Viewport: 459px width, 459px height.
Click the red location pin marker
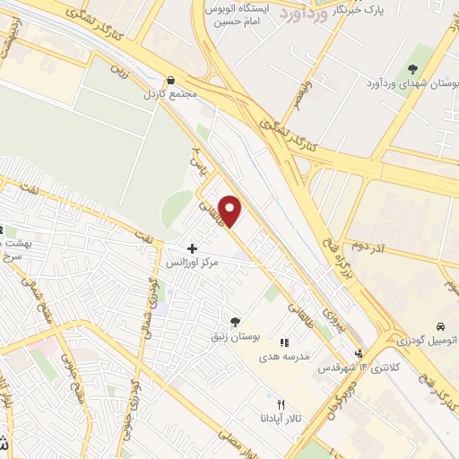[x=230, y=211]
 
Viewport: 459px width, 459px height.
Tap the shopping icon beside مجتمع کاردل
[x=171, y=80]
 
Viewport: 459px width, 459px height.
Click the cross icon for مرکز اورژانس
[x=192, y=247]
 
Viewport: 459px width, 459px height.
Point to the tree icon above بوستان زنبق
[x=235, y=321]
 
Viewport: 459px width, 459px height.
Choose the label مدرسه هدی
[x=284, y=356]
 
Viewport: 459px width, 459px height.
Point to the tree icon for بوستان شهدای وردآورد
[x=413, y=69]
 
